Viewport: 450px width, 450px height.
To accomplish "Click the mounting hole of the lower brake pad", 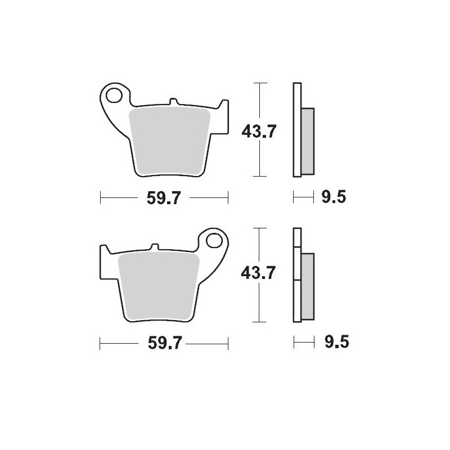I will click(x=214, y=240).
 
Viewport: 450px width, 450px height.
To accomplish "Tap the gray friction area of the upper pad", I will click(x=169, y=141).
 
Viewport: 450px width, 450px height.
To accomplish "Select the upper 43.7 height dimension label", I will click(x=258, y=131).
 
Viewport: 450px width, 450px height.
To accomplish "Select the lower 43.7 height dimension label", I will click(x=258, y=273).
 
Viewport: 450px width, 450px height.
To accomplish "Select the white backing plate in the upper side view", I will click(x=297, y=129).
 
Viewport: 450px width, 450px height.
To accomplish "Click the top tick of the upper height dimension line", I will click(x=258, y=83).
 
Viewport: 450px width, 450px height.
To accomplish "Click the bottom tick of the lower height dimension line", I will click(x=258, y=322).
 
